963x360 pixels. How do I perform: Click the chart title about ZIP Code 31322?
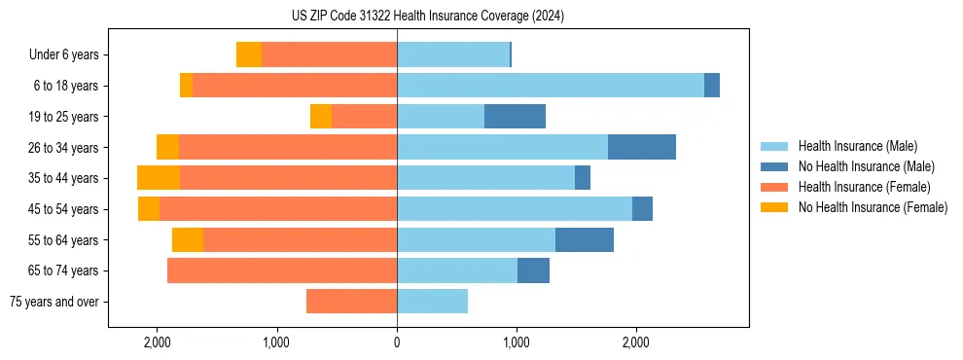point(427,16)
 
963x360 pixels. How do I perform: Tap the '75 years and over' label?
point(53,302)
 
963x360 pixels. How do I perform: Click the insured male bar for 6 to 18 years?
point(550,86)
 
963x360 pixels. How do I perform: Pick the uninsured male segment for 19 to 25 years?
point(515,117)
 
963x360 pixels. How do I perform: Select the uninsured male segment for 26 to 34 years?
point(641,147)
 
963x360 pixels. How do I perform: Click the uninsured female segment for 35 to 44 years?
point(159,178)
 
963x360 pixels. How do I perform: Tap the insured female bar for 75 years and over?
point(351,302)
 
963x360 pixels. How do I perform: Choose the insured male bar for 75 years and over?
point(432,302)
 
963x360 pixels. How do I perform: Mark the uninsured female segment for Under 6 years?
point(249,54)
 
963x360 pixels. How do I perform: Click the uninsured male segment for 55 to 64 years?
point(584,239)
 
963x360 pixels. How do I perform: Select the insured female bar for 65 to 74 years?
point(282,270)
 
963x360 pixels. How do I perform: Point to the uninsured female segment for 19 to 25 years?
point(321,117)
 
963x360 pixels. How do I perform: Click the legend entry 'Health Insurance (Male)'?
point(857,147)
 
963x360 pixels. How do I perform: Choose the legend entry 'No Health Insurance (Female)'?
point(873,207)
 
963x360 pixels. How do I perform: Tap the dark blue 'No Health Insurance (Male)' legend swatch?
point(775,167)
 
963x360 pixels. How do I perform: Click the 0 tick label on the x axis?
point(397,343)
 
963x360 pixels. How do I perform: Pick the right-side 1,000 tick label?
point(516,343)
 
